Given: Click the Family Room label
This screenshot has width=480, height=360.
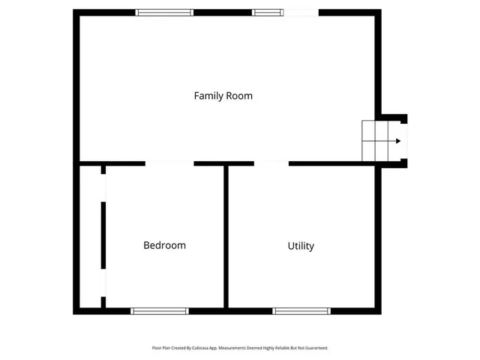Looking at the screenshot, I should (223, 96).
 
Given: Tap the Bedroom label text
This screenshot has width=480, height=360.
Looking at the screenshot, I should (164, 245).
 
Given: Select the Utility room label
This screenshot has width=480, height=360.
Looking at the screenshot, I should (301, 246).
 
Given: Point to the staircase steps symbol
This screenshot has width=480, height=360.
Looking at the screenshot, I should (377, 140).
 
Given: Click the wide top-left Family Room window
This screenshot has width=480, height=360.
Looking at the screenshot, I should (164, 12).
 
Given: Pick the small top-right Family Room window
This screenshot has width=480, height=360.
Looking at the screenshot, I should (268, 12).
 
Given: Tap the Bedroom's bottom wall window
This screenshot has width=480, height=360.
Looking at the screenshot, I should (160, 310).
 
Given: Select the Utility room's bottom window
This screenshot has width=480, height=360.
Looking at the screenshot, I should (301, 310).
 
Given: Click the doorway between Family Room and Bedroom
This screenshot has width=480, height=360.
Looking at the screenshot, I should (169, 163).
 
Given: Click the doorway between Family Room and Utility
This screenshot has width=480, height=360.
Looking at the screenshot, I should (271, 163).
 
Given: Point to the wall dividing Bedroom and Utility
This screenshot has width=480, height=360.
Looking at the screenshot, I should (226, 236).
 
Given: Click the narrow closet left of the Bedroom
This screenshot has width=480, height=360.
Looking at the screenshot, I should (91, 236).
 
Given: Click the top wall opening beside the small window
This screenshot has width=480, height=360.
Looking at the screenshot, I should (301, 12).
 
